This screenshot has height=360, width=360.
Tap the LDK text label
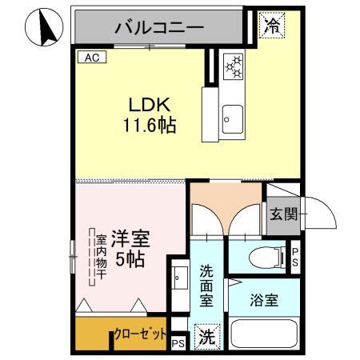[149, 106]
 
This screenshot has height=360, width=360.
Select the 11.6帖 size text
[149, 125]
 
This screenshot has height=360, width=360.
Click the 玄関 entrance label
[282, 215]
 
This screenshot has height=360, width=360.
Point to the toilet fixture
[267, 257]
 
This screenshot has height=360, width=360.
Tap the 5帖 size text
[129, 258]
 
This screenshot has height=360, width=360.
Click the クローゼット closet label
[140, 334]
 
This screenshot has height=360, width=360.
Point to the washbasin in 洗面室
[179, 279]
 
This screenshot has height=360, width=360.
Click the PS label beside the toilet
[294, 256]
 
